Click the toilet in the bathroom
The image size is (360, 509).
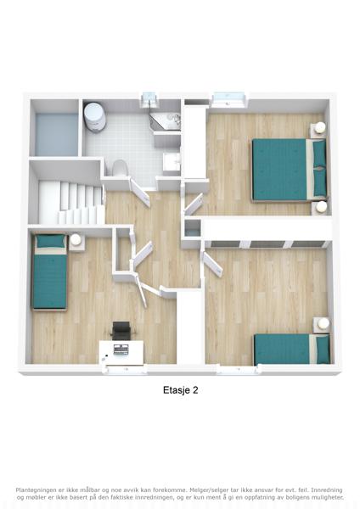[119, 167]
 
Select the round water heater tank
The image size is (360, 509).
[94, 117]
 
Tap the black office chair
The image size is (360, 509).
[121, 330]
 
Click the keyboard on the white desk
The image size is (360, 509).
[121, 350]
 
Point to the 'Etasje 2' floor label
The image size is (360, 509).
[180, 390]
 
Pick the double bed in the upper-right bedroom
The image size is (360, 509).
[290, 170]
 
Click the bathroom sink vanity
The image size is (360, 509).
[172, 161]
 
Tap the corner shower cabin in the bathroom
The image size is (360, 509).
[166, 121]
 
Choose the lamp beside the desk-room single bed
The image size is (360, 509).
[76, 240]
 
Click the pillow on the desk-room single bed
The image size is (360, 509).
[50, 241]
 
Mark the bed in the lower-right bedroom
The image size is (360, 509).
[292, 349]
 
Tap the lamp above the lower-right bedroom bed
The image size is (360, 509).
[323, 323]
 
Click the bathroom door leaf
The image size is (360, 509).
[140, 193]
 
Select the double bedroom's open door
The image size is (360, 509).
[193, 204]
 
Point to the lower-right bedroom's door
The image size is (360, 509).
[212, 264]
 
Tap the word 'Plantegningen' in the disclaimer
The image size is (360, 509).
[36, 490]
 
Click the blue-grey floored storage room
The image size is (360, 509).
[57, 134]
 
